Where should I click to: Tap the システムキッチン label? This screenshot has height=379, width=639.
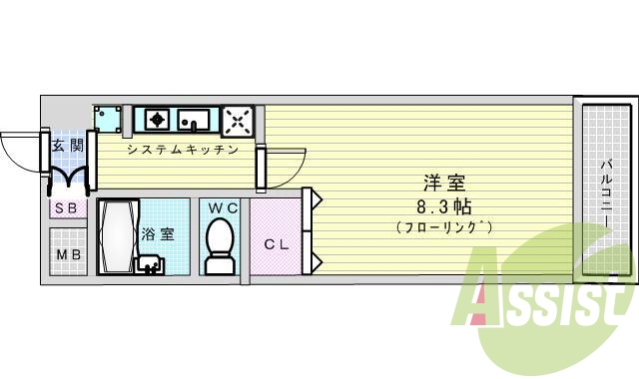click(x=182, y=151)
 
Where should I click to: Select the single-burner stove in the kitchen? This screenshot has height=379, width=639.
click(x=155, y=120)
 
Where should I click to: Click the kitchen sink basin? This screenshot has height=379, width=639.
click(x=195, y=120)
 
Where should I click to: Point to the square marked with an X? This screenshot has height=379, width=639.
click(x=238, y=121)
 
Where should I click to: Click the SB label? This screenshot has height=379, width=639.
click(x=68, y=208)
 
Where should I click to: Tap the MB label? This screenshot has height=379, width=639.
click(x=69, y=253)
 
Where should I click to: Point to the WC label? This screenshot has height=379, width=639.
click(x=222, y=207)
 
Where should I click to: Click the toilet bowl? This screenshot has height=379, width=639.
click(x=219, y=242)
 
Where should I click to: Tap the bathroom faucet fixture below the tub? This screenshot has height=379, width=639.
click(x=151, y=264)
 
